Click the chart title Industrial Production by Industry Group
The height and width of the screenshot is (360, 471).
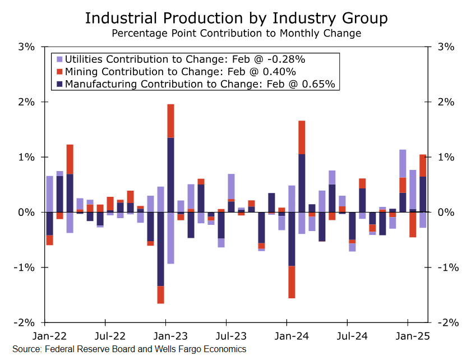[235, 18]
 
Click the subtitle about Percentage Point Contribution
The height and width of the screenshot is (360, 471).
[235, 33]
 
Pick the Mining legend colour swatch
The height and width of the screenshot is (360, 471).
[58, 72]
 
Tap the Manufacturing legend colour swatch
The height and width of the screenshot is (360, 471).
[58, 85]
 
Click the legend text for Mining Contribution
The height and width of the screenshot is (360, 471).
[180, 72]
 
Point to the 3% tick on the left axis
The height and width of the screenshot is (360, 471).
[26, 47]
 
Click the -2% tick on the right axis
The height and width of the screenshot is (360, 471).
[446, 323]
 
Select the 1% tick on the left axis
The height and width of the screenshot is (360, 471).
[26, 157]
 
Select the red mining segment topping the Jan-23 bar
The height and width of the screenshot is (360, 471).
[170, 121]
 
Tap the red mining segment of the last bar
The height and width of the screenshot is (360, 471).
[423, 165]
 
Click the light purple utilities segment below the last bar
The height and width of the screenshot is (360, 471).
[423, 220]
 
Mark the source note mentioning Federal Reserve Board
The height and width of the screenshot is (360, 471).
[129, 349]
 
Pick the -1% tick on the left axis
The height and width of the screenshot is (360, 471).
[26, 267]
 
